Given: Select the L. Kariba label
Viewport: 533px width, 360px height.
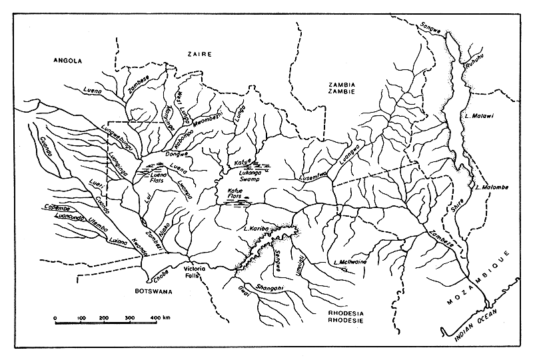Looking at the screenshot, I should (255, 230).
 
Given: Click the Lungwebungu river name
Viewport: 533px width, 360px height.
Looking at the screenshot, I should (117, 137).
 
